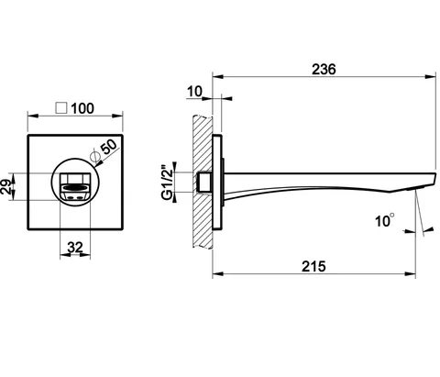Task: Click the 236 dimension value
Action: tap(324, 69)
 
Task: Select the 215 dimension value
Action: tap(313, 266)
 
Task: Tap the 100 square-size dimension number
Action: tap(82, 108)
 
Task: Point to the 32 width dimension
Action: tap(75, 247)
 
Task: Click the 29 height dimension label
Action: tap(6, 186)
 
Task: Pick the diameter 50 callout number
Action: tap(109, 146)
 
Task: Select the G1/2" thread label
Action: tap(168, 183)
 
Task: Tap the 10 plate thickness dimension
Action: tap(194, 91)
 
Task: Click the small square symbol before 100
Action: tap(61, 108)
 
